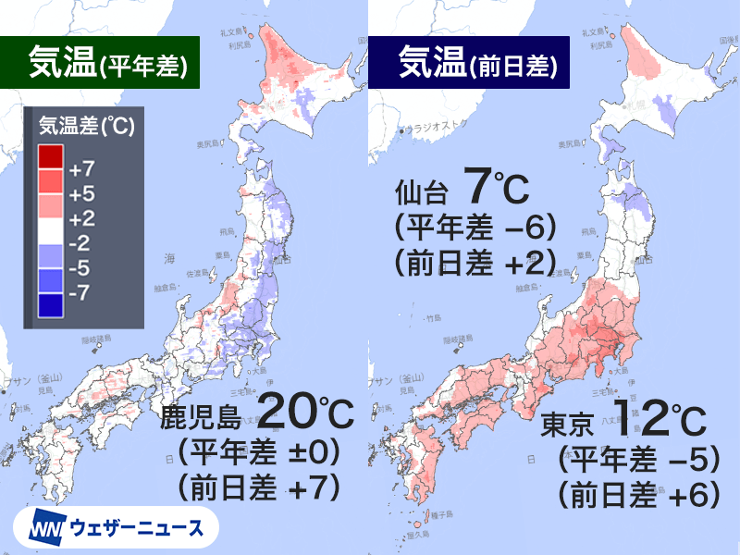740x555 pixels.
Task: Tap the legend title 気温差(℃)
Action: coord(85,128)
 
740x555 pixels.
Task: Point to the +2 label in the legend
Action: coord(81,219)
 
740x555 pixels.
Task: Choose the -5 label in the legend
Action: coord(81,268)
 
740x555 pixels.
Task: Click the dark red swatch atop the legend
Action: coord(50,154)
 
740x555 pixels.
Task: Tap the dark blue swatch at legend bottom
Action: coord(50,304)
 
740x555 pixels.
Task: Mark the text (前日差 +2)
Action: coord(474,265)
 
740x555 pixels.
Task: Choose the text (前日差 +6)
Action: coord(638,495)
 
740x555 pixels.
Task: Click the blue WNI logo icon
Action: coord(44,529)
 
